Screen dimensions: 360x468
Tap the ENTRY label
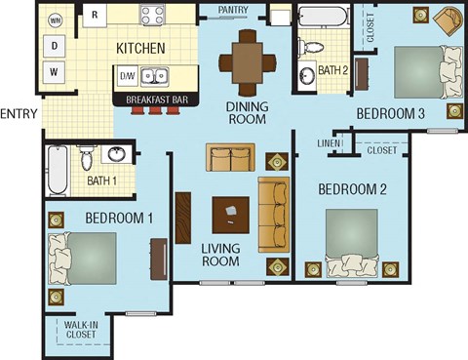pos(19,113)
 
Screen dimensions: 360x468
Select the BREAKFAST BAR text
pos(155,99)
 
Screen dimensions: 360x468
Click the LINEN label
pos(328,144)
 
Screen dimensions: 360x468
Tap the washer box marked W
pos(55,71)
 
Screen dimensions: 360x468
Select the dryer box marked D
pos(55,45)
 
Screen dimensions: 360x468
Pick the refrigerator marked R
pos(95,15)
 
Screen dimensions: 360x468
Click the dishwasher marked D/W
pos(127,75)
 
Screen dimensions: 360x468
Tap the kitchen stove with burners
pos(155,15)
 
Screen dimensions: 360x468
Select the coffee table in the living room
pos(230,211)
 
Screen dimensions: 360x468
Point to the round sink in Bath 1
pos(117,154)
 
